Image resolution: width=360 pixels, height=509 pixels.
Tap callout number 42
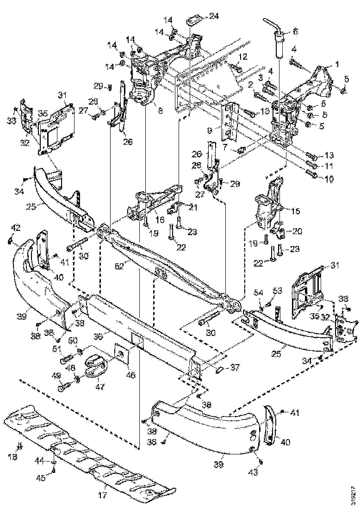point(16,227)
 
